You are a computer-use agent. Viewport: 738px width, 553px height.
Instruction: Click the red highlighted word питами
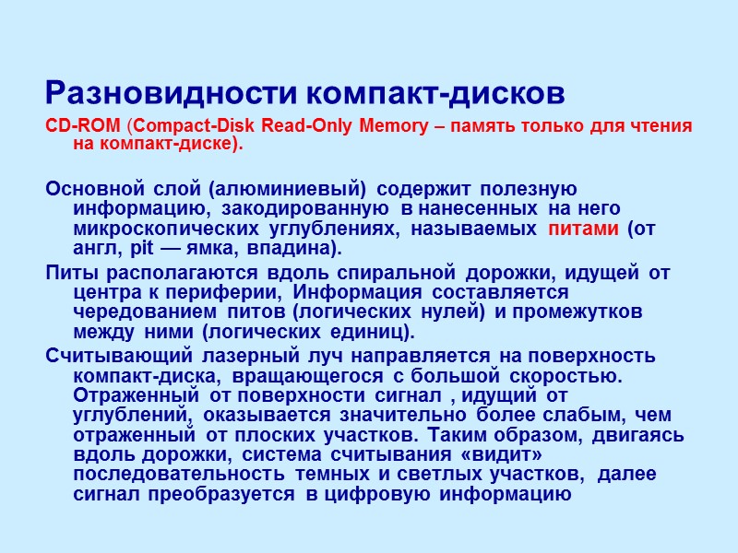pos(583,229)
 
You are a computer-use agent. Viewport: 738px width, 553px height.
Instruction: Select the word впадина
pos(294,250)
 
